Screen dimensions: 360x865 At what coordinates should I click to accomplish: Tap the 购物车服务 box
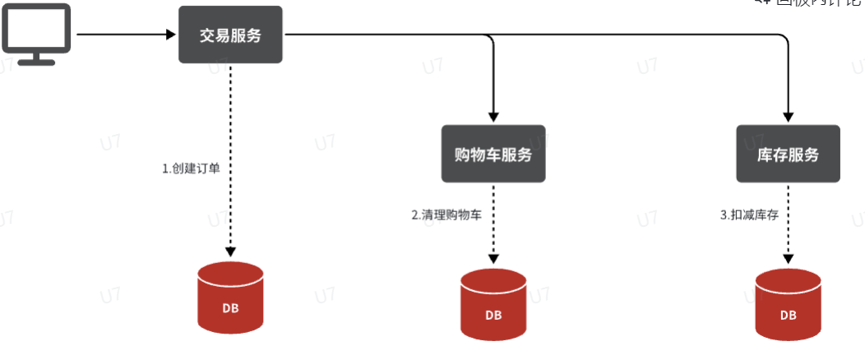[493, 154]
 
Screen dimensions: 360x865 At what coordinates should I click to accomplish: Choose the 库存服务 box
[788, 154]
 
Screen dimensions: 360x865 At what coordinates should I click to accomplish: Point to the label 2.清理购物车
[446, 215]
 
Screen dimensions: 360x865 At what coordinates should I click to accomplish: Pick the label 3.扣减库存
[749, 215]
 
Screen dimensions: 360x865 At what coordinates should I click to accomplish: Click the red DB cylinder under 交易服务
[230, 297]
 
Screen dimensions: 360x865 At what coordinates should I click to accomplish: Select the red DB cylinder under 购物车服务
[493, 303]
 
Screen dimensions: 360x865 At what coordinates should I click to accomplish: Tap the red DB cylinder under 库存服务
[788, 303]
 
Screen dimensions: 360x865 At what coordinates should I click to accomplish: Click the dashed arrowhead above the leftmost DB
[230, 250]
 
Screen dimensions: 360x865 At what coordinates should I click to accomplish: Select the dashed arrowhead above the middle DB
[493, 258]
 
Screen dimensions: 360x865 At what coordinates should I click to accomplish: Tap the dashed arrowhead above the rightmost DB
[788, 258]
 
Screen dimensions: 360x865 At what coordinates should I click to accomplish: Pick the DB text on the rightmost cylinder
[788, 314]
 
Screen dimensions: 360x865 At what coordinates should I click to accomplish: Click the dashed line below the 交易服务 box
[230, 123]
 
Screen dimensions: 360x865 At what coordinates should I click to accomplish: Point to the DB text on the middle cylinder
[493, 315]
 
